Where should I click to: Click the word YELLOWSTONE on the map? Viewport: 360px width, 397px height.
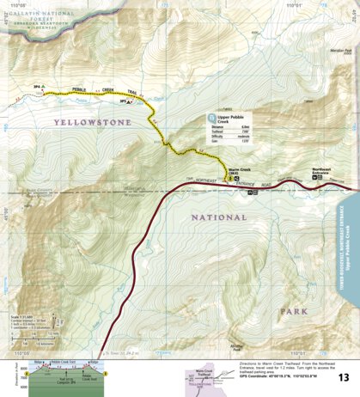[x=92, y=123]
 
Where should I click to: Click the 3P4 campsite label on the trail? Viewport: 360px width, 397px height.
[x=38, y=88]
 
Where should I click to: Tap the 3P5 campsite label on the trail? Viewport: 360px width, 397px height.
[x=124, y=102]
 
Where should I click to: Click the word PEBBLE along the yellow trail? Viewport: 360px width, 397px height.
[x=82, y=89]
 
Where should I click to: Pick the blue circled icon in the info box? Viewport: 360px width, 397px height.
[x=211, y=117]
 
